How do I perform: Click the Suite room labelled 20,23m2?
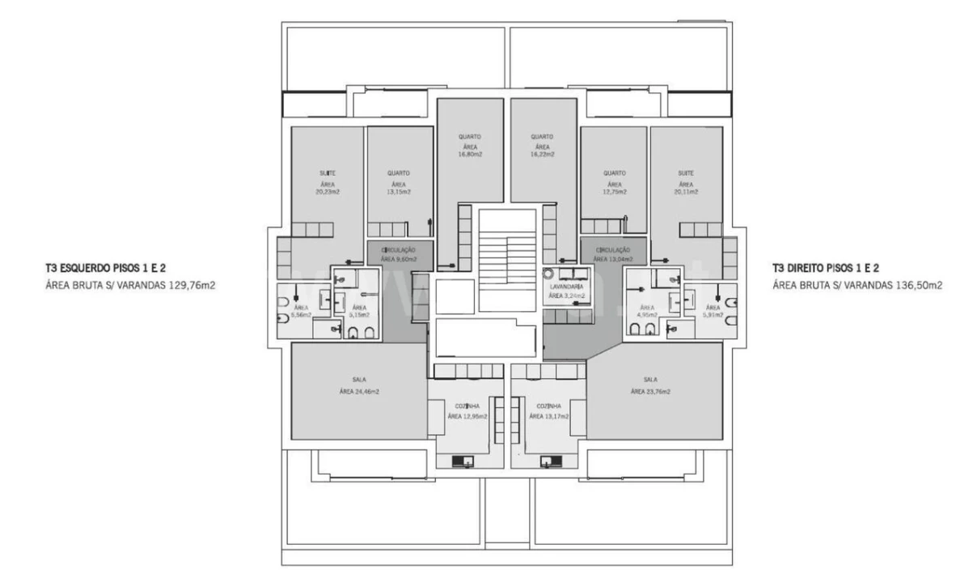click(327, 183)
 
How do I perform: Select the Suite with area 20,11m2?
click(687, 183)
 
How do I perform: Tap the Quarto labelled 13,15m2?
click(398, 183)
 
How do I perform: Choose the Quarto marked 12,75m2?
click(615, 183)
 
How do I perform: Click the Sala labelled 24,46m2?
click(359, 385)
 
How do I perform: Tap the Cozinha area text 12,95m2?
click(468, 416)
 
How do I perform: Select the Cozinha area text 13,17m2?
click(549, 416)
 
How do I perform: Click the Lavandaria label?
click(566, 287)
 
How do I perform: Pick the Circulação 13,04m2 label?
click(615, 255)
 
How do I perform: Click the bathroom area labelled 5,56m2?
click(301, 313)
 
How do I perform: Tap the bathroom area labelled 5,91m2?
click(713, 313)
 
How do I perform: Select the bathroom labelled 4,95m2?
click(647, 313)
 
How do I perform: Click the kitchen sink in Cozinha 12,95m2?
click(463, 462)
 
